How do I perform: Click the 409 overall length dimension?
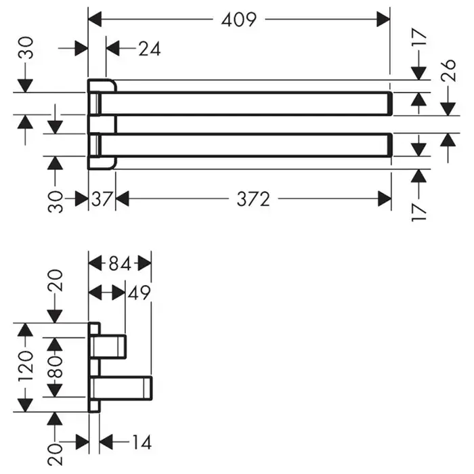click(239, 20)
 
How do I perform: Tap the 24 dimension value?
click(150, 49)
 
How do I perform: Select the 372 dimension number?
click(254, 199)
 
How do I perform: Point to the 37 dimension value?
click(102, 199)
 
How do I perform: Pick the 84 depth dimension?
click(120, 263)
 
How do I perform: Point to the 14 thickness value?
click(140, 443)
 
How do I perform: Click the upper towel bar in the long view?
click(251, 103)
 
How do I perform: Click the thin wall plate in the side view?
click(94, 366)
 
